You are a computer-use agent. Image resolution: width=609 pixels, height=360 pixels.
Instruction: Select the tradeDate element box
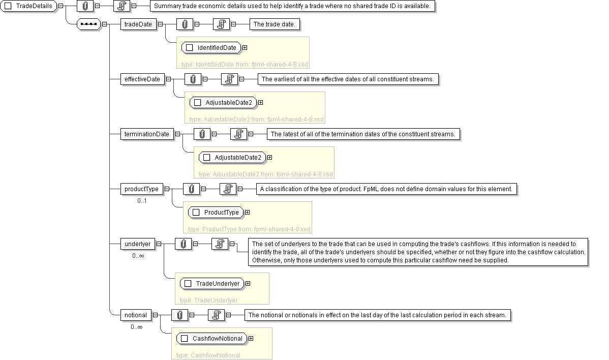pyautogui.click(x=138, y=24)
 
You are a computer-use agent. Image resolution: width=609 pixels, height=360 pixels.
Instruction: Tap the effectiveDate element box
pyautogui.click(x=142, y=79)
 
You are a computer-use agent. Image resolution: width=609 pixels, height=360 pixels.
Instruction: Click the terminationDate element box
pyautogui.click(x=147, y=134)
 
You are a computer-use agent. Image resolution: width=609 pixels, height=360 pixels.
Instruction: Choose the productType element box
pyautogui.click(x=141, y=189)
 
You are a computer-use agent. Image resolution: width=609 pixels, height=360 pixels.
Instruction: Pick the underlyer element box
pyautogui.click(x=137, y=244)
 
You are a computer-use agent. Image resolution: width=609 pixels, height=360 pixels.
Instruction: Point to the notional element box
pyautogui.click(x=135, y=315)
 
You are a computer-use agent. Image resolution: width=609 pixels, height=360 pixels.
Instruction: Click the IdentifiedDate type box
pyautogui.click(x=211, y=48)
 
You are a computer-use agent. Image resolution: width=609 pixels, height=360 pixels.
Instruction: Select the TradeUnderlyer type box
pyautogui.click(x=212, y=283)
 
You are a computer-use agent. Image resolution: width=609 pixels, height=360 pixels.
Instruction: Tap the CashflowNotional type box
pyautogui.click(x=211, y=338)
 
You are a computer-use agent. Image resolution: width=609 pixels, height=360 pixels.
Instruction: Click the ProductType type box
pyautogui.click(x=216, y=212)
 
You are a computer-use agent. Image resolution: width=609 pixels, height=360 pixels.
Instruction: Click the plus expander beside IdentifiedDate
pyautogui.click(x=245, y=48)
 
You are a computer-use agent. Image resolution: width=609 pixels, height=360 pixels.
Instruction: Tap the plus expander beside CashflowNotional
pyautogui.click(x=251, y=338)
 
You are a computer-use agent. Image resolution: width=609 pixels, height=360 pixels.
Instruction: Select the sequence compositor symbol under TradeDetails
pyautogui.click(x=88, y=24)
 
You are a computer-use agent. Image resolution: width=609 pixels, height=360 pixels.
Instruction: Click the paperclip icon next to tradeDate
pyautogui.click(x=185, y=24)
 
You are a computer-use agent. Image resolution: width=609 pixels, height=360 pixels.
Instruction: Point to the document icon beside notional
pyautogui.click(x=216, y=315)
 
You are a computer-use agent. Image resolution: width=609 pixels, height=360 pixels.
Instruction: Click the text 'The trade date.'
pyautogui.click(x=274, y=24)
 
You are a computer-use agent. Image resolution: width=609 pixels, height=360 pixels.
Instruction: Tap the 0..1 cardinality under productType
pyautogui.click(x=142, y=201)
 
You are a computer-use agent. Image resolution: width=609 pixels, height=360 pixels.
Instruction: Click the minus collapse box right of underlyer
pyautogui.click(x=159, y=244)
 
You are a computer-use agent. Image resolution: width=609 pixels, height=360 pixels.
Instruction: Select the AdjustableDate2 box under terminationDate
pyautogui.click(x=232, y=158)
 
